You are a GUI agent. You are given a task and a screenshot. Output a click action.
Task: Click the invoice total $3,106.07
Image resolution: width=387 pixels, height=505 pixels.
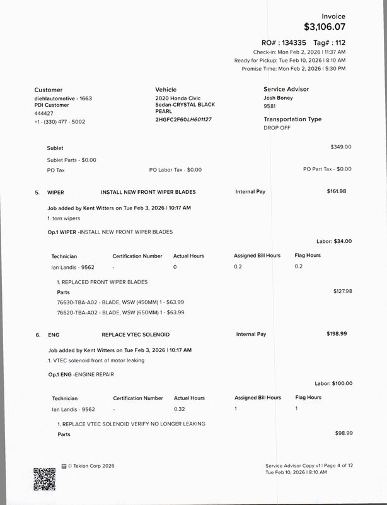[325, 27]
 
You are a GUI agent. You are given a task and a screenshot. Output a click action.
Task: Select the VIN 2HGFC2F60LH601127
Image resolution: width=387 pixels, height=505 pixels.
[183, 119]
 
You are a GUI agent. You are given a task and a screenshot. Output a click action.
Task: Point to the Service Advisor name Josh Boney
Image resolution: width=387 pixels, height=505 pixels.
[278, 98]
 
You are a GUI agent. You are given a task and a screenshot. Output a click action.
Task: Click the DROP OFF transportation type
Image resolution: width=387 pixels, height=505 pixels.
[277, 128]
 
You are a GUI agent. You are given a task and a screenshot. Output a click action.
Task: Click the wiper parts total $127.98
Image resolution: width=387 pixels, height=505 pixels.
[342, 291]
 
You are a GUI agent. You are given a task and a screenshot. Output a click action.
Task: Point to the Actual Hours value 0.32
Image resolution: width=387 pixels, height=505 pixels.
[180, 409]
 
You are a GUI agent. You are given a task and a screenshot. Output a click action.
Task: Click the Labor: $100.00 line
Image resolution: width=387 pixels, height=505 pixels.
[333, 383]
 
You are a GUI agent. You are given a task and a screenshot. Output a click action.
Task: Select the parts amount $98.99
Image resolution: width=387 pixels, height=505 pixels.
[344, 433]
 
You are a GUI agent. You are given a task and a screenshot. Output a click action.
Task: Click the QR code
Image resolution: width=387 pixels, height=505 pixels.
[44, 478]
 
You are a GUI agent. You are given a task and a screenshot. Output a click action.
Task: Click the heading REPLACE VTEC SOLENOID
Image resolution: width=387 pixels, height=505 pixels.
[135, 334]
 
